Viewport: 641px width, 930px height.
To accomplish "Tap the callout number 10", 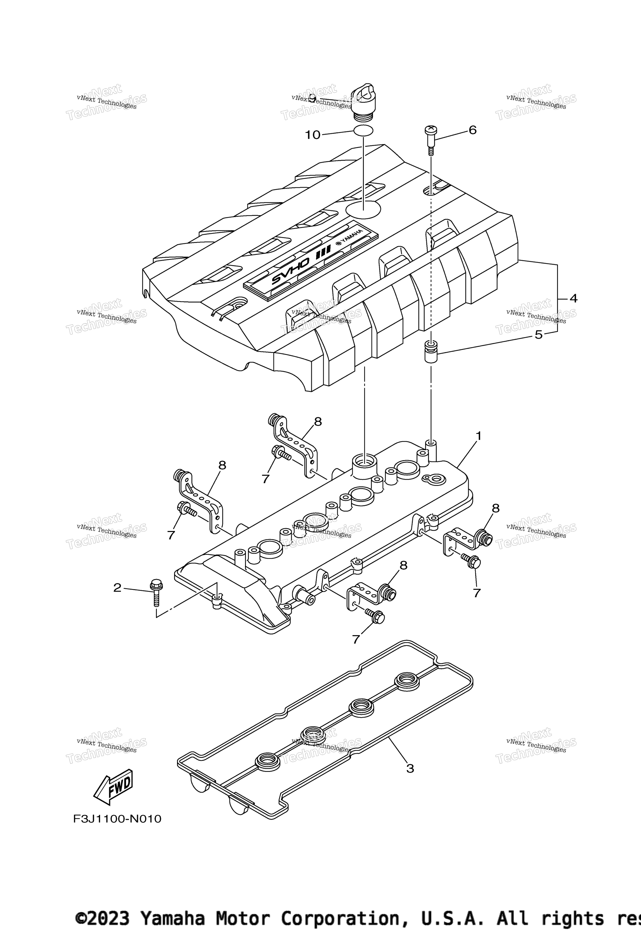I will (x=313, y=135).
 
